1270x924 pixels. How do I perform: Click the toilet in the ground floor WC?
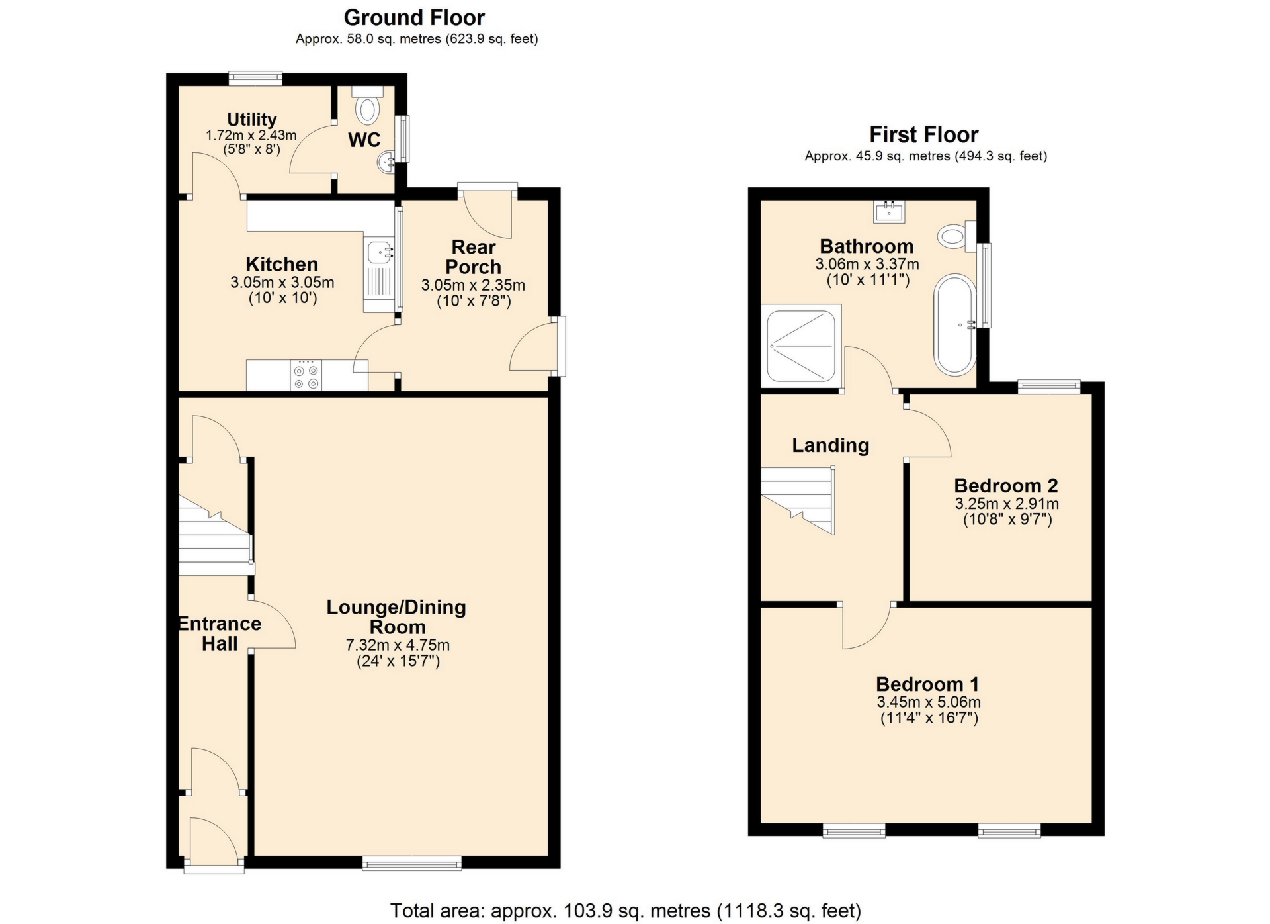pos(367,107)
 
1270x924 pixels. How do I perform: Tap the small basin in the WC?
pos(386,161)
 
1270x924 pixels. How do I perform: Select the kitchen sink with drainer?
pos(380,275)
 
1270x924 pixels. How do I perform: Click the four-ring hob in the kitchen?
pos(306,375)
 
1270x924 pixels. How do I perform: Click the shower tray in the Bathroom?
pos(801,346)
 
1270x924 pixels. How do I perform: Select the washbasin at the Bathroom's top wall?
pos(889,211)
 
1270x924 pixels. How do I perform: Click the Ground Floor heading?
pos(414,17)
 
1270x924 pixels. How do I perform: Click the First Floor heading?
pos(923,134)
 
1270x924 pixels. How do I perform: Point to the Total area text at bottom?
pos(626,911)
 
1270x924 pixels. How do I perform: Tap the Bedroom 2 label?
pos(1005,485)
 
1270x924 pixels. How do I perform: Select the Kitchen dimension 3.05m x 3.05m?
pos(282,283)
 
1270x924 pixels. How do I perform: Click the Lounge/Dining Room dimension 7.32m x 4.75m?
pos(398,645)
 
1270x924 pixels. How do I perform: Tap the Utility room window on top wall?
pos(255,78)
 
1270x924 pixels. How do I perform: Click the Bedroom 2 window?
pos(1048,387)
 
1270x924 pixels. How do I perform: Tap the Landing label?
pos(830,445)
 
